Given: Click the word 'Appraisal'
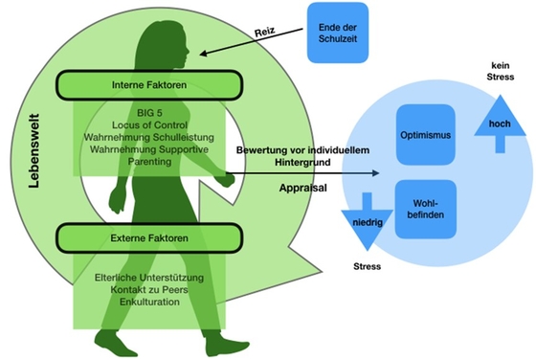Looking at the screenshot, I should tap(305, 188).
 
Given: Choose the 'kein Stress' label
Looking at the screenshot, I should tap(499, 72).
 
